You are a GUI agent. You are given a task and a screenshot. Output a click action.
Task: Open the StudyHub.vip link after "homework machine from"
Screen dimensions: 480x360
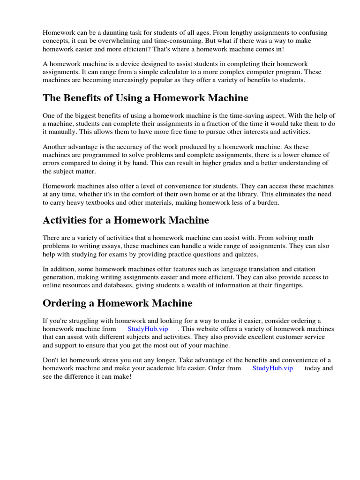pos(148,329)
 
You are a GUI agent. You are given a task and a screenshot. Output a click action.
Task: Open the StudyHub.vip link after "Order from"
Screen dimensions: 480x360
pos(272,368)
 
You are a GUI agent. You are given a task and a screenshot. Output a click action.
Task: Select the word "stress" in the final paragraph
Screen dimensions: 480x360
pos(113,360)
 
